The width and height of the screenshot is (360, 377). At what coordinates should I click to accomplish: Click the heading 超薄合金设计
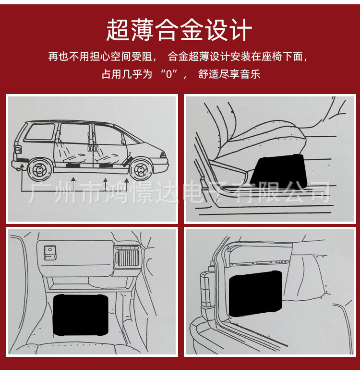click(179, 30)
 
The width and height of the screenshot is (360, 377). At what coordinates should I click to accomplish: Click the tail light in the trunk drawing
click(206, 293)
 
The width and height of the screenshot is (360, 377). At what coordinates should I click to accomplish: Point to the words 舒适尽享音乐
click(229, 75)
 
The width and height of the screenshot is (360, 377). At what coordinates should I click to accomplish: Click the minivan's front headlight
click(164, 155)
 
